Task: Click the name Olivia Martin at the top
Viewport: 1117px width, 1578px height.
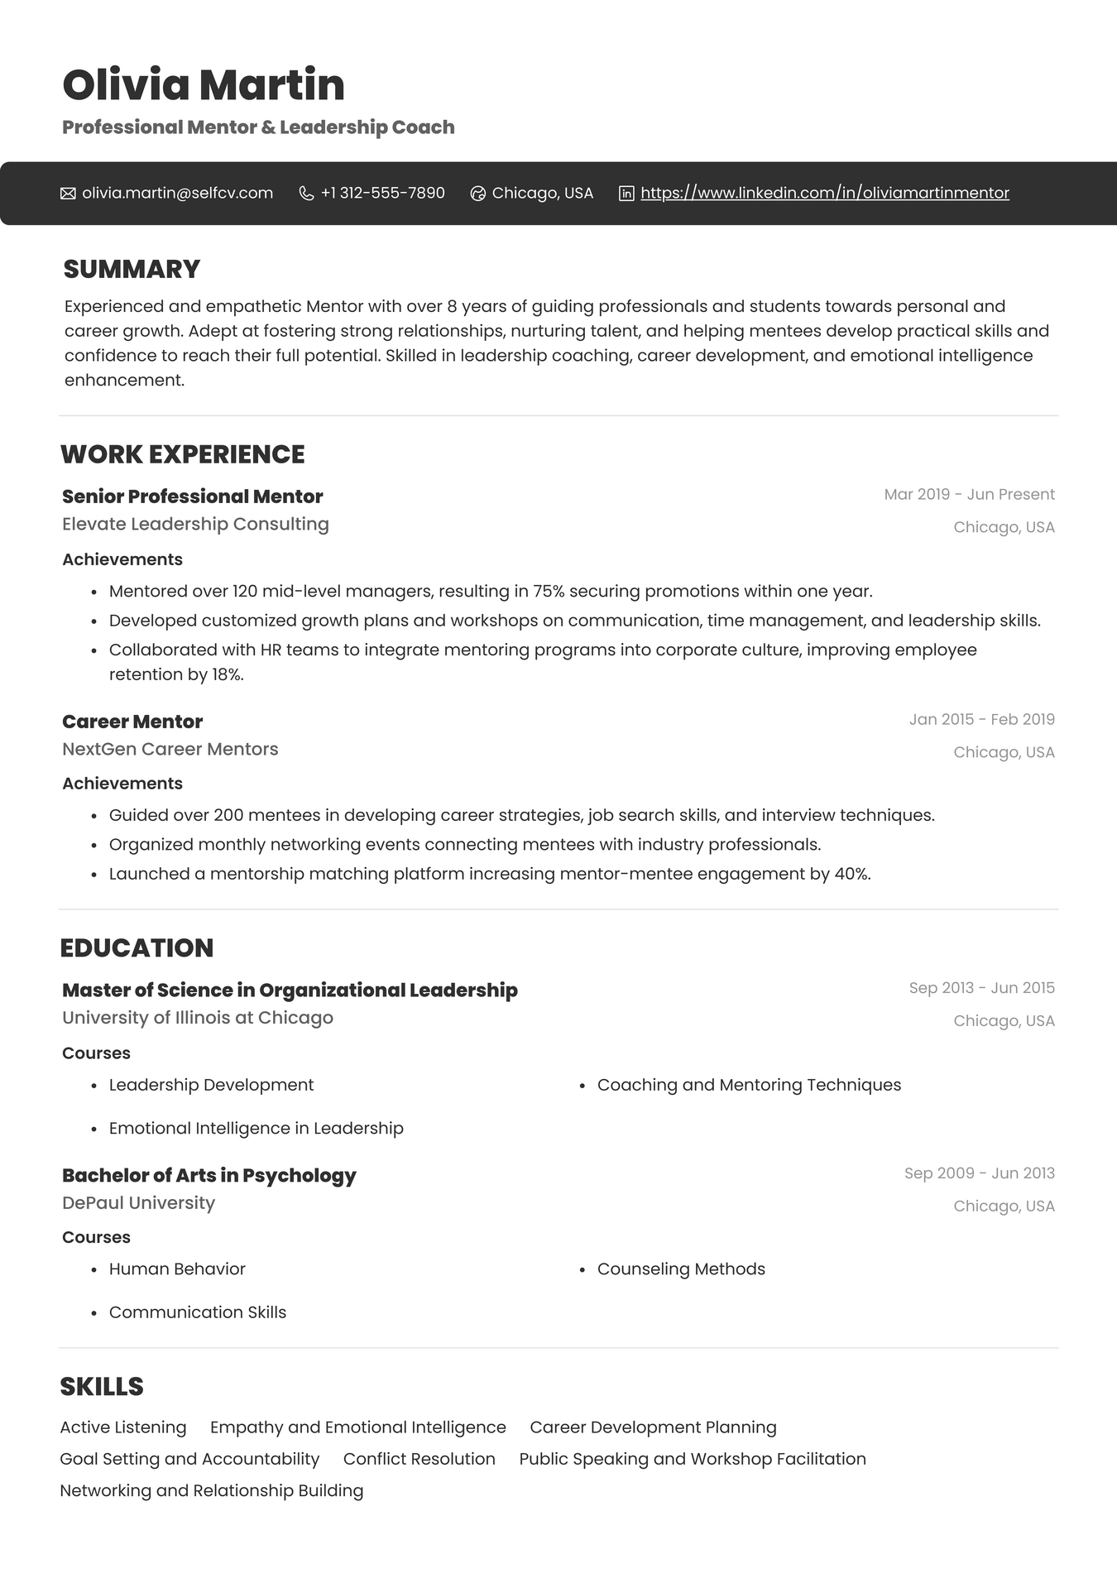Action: click(204, 85)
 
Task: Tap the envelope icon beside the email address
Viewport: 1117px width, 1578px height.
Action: click(68, 194)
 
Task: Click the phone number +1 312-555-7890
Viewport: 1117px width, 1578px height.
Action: click(382, 193)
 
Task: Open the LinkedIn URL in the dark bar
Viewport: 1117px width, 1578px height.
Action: click(824, 193)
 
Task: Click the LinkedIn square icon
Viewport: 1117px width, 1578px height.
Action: click(626, 194)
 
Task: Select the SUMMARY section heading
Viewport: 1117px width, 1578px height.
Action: click(132, 269)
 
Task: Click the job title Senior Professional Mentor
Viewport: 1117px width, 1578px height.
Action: click(192, 496)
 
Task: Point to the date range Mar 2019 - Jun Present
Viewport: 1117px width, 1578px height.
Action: click(969, 494)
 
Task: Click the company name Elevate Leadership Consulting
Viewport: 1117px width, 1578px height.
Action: click(195, 524)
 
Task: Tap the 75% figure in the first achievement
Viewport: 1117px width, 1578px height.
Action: click(548, 591)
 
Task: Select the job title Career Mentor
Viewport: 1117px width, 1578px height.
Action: click(132, 722)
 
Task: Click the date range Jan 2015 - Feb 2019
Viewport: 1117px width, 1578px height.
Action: click(981, 719)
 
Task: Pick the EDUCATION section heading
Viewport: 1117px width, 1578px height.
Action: click(137, 947)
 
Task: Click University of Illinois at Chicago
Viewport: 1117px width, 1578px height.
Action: click(198, 1018)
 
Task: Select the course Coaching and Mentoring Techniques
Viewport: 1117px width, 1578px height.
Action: click(749, 1085)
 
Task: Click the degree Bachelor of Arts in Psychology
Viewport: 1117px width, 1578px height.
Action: click(209, 1175)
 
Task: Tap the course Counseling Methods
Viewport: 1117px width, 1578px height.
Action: click(681, 1269)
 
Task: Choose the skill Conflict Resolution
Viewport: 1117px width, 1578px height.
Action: click(419, 1459)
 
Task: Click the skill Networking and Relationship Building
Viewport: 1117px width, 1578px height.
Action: click(212, 1490)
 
